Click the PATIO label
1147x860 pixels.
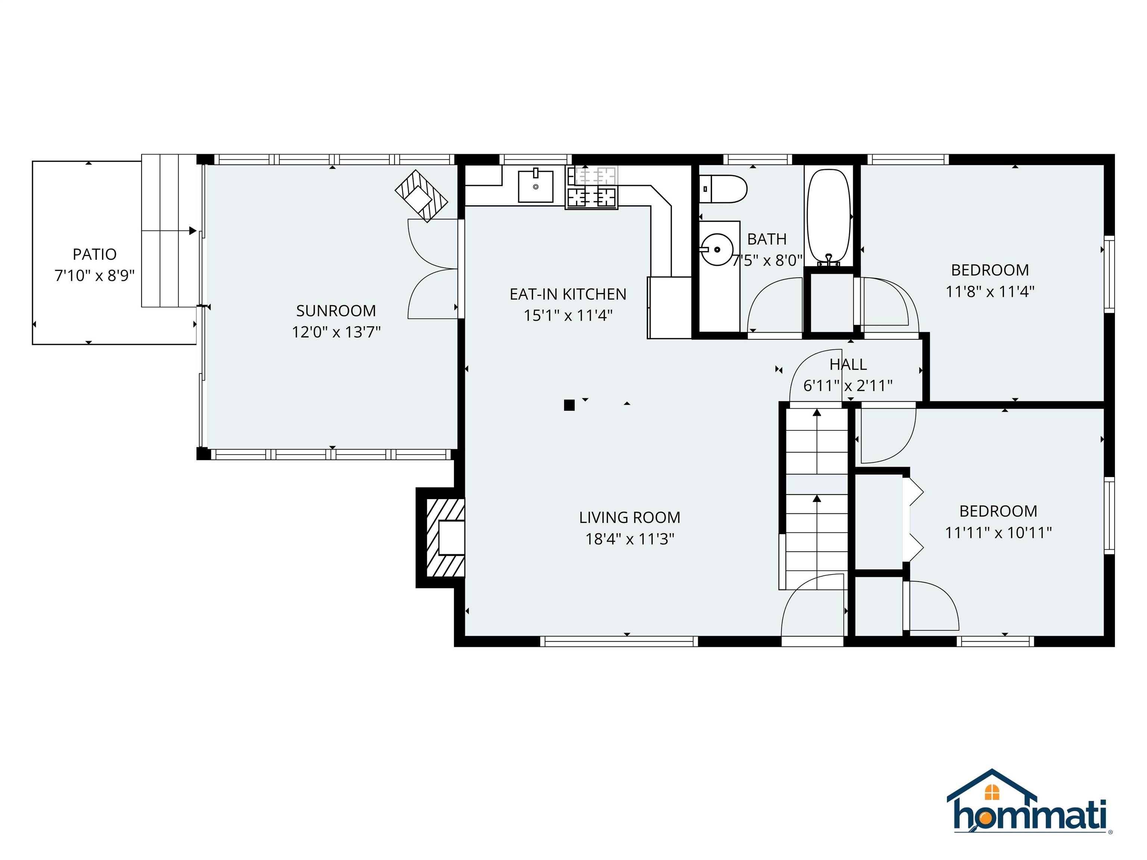94,254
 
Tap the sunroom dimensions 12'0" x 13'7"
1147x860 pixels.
336,332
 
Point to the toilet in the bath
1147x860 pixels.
723,189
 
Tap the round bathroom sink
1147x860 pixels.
717,249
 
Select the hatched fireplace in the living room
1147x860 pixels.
445,537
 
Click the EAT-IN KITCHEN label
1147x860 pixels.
568,294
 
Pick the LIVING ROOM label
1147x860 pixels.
630,517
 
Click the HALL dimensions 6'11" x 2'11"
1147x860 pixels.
848,386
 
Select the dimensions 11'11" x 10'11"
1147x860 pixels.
998,532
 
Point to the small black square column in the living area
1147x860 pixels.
569,405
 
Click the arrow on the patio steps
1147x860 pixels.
192,231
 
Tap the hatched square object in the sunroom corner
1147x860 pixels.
421,196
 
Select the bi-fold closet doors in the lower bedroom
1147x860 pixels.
914,520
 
